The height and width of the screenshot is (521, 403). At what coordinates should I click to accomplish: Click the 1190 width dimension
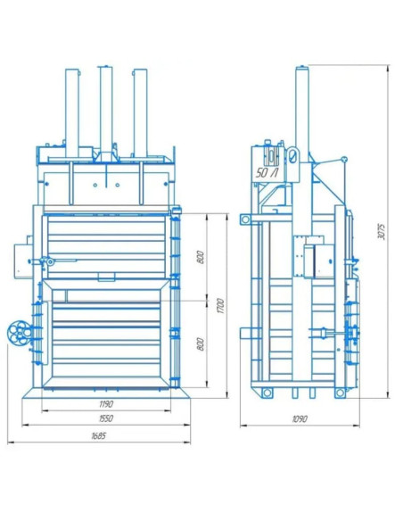click(x=106, y=404)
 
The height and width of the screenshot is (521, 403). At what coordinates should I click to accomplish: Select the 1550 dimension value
click(x=106, y=418)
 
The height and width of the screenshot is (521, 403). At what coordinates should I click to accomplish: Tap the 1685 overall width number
click(x=99, y=435)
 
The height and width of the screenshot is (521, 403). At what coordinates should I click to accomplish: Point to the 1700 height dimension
click(x=221, y=306)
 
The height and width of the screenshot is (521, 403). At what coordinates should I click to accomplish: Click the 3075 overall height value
click(x=382, y=232)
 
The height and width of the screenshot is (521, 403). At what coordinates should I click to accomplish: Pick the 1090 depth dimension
click(x=300, y=418)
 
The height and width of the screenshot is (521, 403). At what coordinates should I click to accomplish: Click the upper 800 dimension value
click(x=201, y=257)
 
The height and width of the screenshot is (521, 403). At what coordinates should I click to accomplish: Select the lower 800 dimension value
click(x=201, y=343)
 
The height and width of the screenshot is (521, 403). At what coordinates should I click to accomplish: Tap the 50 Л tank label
click(x=267, y=173)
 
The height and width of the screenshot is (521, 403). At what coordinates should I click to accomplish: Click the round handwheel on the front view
click(x=20, y=332)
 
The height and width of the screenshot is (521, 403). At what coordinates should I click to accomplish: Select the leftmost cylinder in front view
click(x=72, y=113)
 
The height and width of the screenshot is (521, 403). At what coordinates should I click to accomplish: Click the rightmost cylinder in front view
click(x=140, y=113)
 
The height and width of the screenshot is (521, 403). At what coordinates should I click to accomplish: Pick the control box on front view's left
click(x=22, y=260)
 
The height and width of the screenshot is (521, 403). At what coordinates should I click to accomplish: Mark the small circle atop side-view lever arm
click(x=344, y=160)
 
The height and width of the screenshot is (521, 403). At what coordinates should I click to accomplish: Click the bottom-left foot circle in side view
click(x=267, y=393)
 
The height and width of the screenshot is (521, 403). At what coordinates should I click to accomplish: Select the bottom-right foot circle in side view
click(x=340, y=393)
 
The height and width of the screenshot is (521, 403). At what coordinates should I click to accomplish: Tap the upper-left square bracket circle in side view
click(x=246, y=219)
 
